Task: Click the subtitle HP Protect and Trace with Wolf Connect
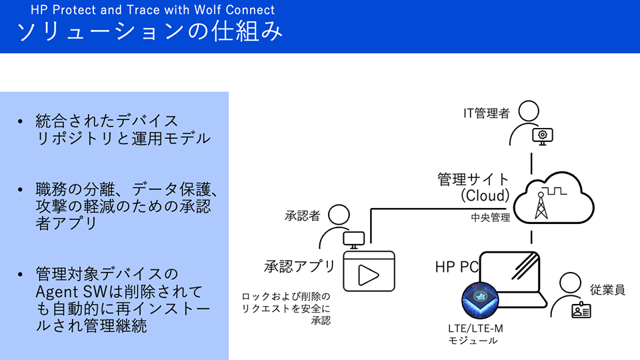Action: [x=153, y=10]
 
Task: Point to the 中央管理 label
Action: [x=490, y=217]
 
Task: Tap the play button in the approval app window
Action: [x=368, y=274]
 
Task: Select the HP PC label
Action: [x=457, y=267]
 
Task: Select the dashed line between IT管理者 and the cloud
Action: [x=531, y=162]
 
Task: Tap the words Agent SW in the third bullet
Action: [x=67, y=292]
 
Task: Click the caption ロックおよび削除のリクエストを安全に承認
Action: [x=287, y=307]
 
